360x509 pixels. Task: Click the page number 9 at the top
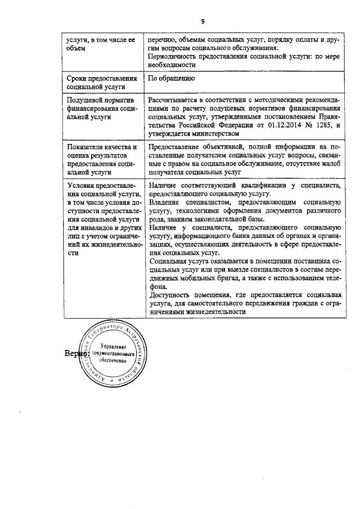[x=202, y=22]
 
